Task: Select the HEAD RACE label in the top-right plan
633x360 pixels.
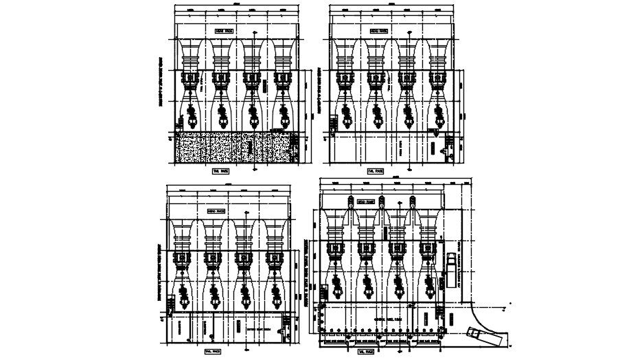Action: click(x=378, y=31)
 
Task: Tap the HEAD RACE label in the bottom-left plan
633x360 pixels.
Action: click(x=216, y=212)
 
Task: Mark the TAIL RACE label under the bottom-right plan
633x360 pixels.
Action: click(x=365, y=351)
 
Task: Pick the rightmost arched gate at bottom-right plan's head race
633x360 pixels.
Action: click(x=413, y=201)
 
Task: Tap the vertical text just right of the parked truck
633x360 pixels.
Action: click(x=462, y=271)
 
